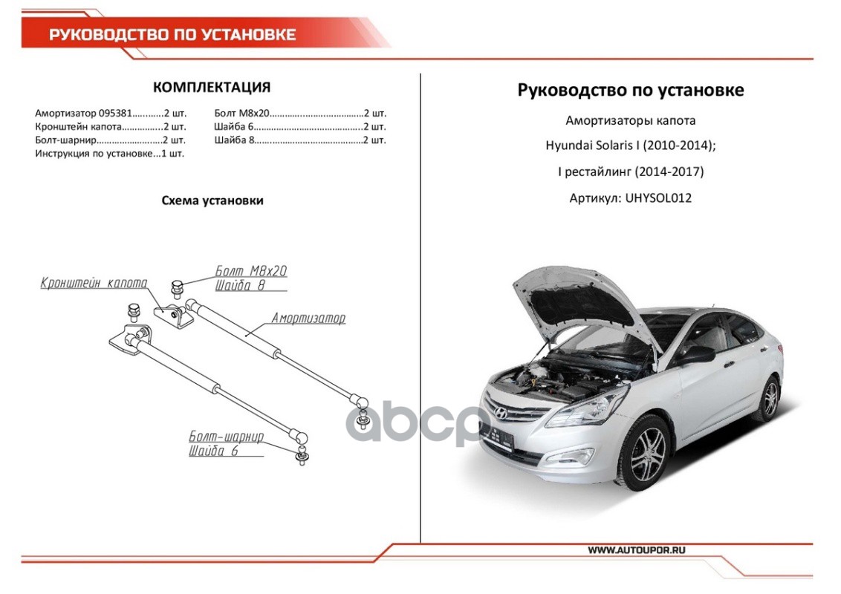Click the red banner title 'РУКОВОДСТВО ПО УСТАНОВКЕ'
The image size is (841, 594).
(x=172, y=35)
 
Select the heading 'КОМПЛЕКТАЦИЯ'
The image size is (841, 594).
(x=212, y=87)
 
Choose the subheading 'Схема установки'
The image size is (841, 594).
(x=212, y=200)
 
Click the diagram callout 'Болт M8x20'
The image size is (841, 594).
(x=251, y=271)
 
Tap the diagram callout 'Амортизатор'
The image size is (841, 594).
(x=308, y=319)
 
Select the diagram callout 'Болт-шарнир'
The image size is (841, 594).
(x=227, y=437)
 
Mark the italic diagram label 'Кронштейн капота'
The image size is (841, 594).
(x=94, y=283)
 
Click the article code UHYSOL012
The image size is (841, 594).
(x=659, y=198)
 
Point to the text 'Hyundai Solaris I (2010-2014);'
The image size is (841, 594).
(x=631, y=146)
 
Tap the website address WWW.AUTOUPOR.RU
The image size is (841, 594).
(x=637, y=550)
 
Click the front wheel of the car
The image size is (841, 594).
(x=646, y=452)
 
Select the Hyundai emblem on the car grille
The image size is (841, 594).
(x=501, y=414)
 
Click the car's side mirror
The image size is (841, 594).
(x=698, y=354)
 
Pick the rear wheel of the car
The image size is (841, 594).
(x=770, y=398)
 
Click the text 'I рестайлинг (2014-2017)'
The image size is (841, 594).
(x=631, y=172)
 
